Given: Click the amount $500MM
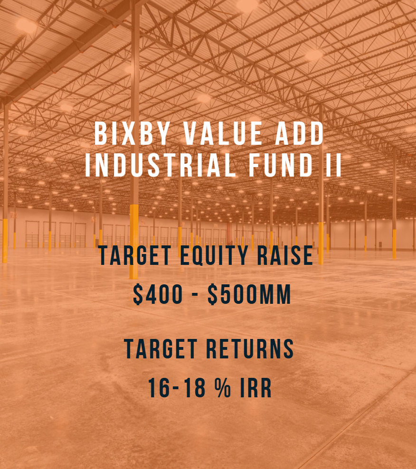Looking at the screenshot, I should (x=249, y=295).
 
